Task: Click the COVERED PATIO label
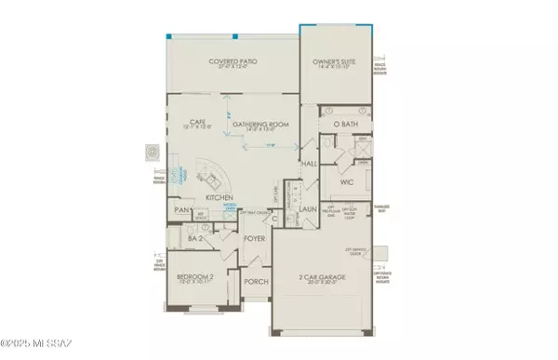click(233, 61)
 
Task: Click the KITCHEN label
click(220, 198)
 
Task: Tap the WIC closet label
click(348, 182)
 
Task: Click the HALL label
click(310, 163)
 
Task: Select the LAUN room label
click(310, 209)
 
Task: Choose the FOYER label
click(255, 238)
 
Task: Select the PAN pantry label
click(183, 210)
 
